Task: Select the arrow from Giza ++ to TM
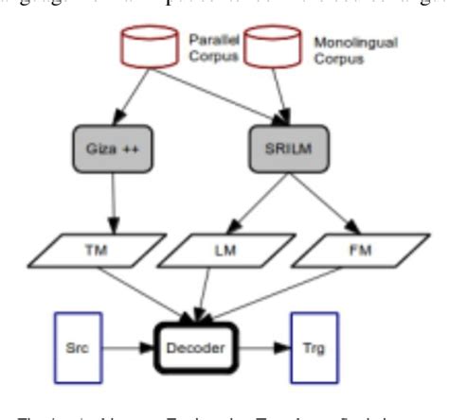pyautogui.click(x=112, y=203)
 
